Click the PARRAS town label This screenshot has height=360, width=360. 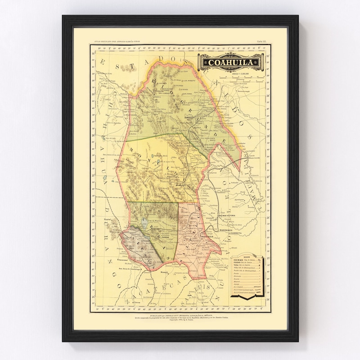[162, 234]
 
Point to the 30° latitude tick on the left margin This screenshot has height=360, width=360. [94, 54]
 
